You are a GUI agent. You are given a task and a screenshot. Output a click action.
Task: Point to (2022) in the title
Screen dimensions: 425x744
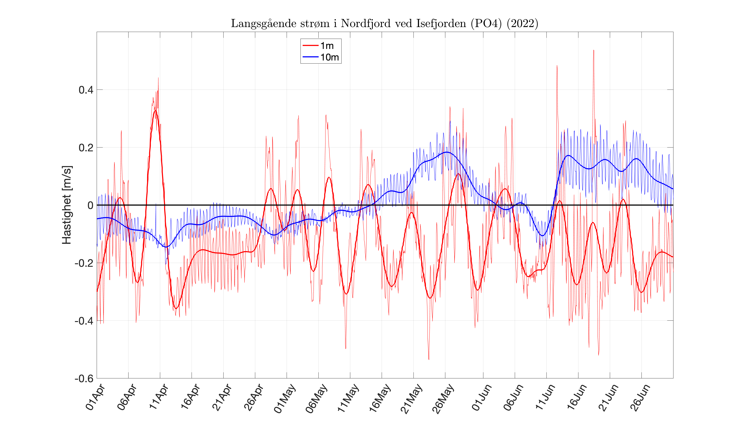tap(522, 23)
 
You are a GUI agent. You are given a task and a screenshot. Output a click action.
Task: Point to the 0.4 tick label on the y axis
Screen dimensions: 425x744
tap(86, 90)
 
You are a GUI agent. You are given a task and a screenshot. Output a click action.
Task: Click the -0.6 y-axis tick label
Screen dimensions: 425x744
tap(84, 379)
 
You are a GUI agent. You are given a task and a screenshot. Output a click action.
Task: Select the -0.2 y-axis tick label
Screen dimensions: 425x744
tap(84, 263)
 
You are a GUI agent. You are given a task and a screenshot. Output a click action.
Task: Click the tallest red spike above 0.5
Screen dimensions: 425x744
tap(593, 50)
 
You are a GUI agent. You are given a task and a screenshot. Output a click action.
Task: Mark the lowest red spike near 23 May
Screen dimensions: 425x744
tap(429, 359)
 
